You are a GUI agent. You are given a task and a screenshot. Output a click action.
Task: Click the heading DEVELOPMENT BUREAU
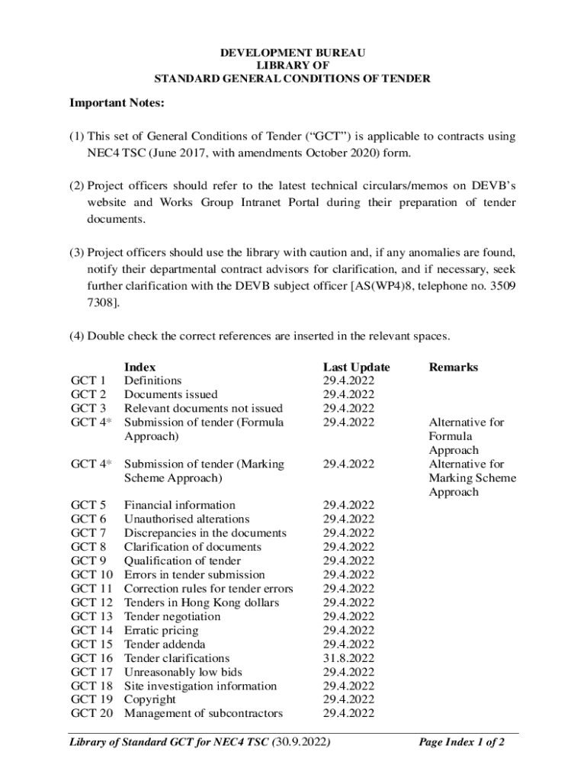point(293,53)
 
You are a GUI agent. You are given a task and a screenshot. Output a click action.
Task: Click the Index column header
point(140,367)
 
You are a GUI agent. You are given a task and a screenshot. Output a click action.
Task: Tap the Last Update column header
point(356,367)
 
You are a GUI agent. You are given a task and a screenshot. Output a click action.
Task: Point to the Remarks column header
point(454,367)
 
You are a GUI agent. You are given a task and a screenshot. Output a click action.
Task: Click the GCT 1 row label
point(88,381)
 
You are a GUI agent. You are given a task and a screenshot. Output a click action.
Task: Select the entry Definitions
point(152,381)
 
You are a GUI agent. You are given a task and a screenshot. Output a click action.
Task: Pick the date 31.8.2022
point(348,658)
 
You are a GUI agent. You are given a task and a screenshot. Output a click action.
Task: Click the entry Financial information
point(180,506)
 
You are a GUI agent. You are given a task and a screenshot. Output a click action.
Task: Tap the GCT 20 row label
point(91,714)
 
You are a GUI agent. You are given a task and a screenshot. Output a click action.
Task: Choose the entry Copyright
point(150,700)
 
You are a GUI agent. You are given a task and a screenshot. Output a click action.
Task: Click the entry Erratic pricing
point(161,631)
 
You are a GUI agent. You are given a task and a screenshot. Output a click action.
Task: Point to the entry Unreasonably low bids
point(183,672)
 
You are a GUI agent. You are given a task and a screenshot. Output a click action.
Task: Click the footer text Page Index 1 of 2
point(462,743)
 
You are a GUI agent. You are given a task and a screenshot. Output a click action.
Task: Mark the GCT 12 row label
point(91,603)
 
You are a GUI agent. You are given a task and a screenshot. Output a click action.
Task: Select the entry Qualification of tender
point(182,561)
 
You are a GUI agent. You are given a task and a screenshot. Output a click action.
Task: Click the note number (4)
point(77,336)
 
